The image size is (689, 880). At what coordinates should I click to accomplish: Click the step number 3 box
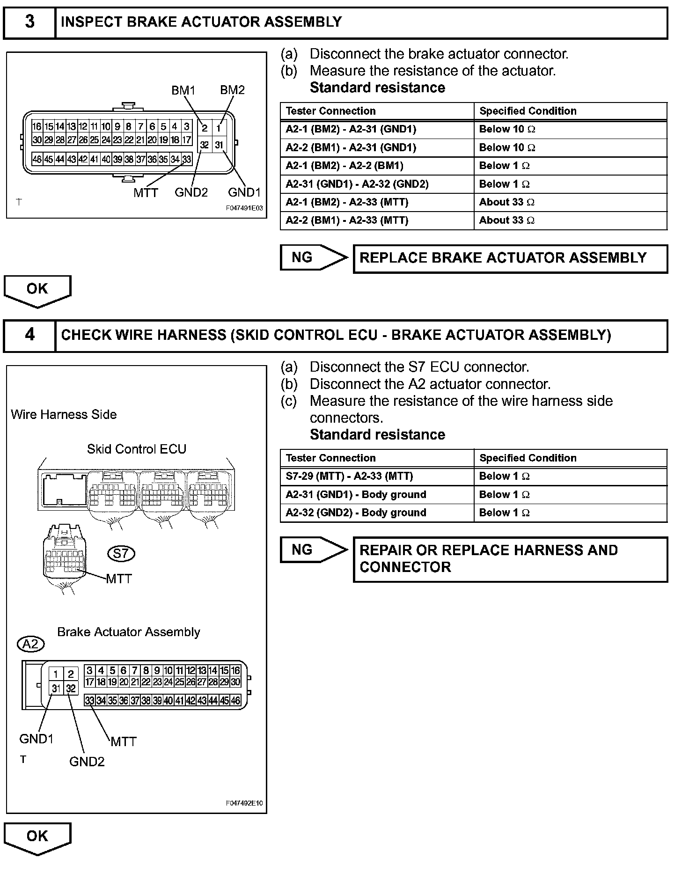point(29,22)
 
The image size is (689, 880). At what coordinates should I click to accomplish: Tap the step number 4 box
point(29,335)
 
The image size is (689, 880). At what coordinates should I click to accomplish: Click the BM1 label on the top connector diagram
point(183,90)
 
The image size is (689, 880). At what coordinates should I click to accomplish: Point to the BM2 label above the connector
point(232,90)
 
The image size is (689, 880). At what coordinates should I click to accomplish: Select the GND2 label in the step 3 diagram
point(191,192)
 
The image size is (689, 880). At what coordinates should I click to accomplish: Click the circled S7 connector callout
point(121,554)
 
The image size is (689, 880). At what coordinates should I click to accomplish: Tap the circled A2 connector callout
point(30,645)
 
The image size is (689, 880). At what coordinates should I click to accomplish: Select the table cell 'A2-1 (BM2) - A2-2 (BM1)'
point(344,166)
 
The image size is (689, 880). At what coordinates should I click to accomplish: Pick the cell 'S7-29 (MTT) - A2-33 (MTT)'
point(349,476)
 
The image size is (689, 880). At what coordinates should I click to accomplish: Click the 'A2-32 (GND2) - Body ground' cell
point(356,513)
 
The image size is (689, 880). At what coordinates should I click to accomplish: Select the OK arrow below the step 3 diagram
point(37,290)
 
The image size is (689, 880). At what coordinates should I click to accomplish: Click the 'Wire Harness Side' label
point(64,414)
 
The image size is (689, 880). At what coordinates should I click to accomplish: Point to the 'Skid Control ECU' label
point(137,449)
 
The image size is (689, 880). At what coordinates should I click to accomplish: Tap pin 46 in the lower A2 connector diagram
point(235,701)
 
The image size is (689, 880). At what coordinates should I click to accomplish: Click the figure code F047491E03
point(244,209)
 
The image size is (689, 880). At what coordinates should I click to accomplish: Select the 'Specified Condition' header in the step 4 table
point(528,458)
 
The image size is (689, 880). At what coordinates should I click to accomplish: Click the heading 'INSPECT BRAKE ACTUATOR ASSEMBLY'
point(201,22)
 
